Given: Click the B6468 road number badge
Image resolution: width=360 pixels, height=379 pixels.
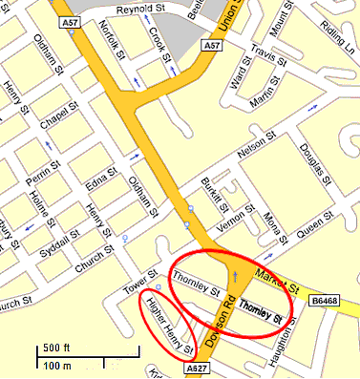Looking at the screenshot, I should [326, 302].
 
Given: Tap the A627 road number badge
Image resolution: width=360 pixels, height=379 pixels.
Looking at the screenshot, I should [197, 368].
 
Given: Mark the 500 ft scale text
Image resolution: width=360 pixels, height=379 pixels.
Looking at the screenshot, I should [56, 346].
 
